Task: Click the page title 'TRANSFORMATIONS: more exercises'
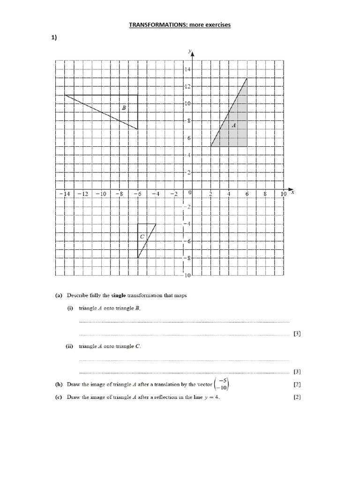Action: [180, 25]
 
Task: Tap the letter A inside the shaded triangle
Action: [233, 125]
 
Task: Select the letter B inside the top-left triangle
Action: [124, 108]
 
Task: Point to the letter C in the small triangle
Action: [142, 237]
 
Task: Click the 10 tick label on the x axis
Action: [283, 194]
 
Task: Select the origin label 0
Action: [190, 193]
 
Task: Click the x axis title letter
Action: [292, 192]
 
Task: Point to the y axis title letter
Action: [188, 50]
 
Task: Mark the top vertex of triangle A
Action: [247, 78]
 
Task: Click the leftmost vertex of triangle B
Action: [65, 95]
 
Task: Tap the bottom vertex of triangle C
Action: [137, 258]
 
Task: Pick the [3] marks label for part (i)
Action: [297, 334]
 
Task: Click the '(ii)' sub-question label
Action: [69, 346]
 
